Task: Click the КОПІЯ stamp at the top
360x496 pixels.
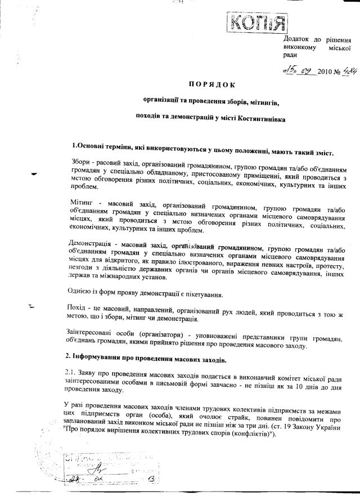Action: tap(256, 23)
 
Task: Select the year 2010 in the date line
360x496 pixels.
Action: tap(326, 72)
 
